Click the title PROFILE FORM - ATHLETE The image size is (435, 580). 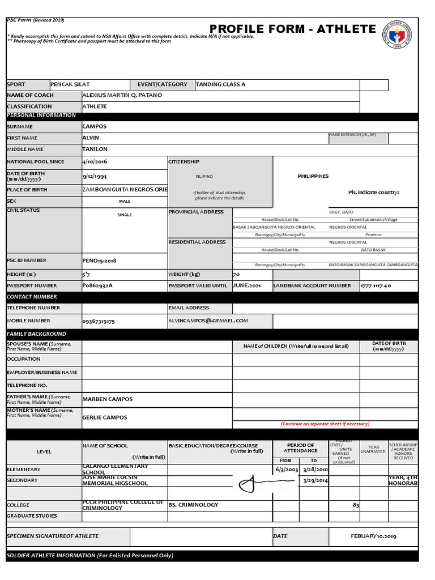[292, 29]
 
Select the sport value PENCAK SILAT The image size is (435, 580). [70, 84]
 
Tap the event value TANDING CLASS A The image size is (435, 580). [220, 84]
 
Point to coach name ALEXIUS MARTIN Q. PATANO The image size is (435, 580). [122, 95]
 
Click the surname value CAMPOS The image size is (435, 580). [94, 126]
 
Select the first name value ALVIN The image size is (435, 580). [91, 138]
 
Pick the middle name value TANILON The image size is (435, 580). [95, 149]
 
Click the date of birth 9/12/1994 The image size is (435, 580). [95, 176]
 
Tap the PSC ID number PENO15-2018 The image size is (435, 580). [99, 261]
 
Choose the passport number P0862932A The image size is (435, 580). [97, 285]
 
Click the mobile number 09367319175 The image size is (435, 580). [99, 321]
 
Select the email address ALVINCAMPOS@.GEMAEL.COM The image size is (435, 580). [208, 321]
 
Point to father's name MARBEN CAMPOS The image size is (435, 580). [108, 399]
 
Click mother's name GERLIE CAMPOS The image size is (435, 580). [105, 417]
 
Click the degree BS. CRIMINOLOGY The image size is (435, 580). [193, 505]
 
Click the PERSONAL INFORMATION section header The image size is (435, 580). [41, 116]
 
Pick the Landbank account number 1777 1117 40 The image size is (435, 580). [376, 286]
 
